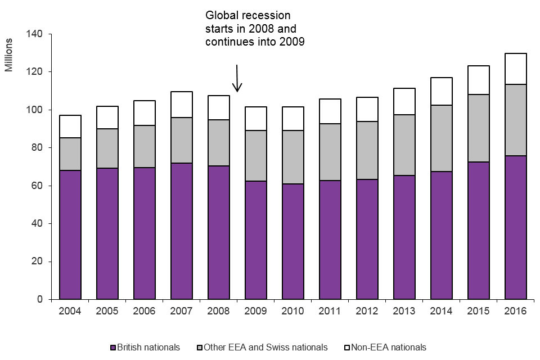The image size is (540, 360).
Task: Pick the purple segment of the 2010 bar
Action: (293, 241)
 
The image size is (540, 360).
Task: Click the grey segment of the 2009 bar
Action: (256, 156)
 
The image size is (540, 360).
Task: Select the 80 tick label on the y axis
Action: (37, 148)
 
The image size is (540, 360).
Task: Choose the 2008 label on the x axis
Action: (219, 310)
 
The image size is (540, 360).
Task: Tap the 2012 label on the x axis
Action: (367, 310)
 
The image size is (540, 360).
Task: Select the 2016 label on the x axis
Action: (515, 310)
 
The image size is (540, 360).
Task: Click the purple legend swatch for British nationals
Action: (112, 347)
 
